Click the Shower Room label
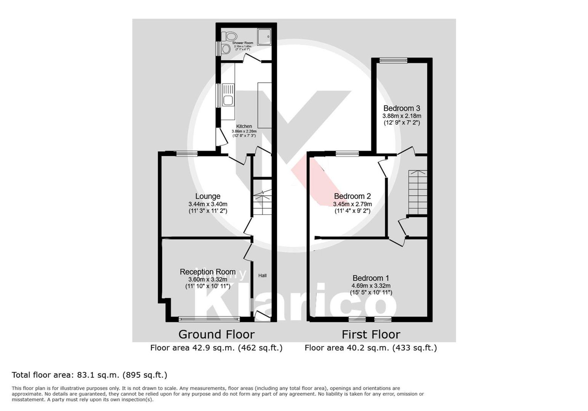[x=243, y=43]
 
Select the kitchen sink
[x=228, y=95]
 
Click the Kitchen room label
[x=244, y=126]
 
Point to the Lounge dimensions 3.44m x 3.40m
[x=208, y=204]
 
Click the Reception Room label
[x=208, y=272]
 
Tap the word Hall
[x=262, y=275]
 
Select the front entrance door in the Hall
[x=262, y=317]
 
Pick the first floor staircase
[x=417, y=192]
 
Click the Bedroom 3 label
[x=402, y=108]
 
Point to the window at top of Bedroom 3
[x=393, y=61]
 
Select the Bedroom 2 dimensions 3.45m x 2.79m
[x=352, y=204]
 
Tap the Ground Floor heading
[x=216, y=334]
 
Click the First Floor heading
[x=371, y=334]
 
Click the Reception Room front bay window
[x=209, y=319]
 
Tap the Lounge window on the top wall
[x=187, y=153]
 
